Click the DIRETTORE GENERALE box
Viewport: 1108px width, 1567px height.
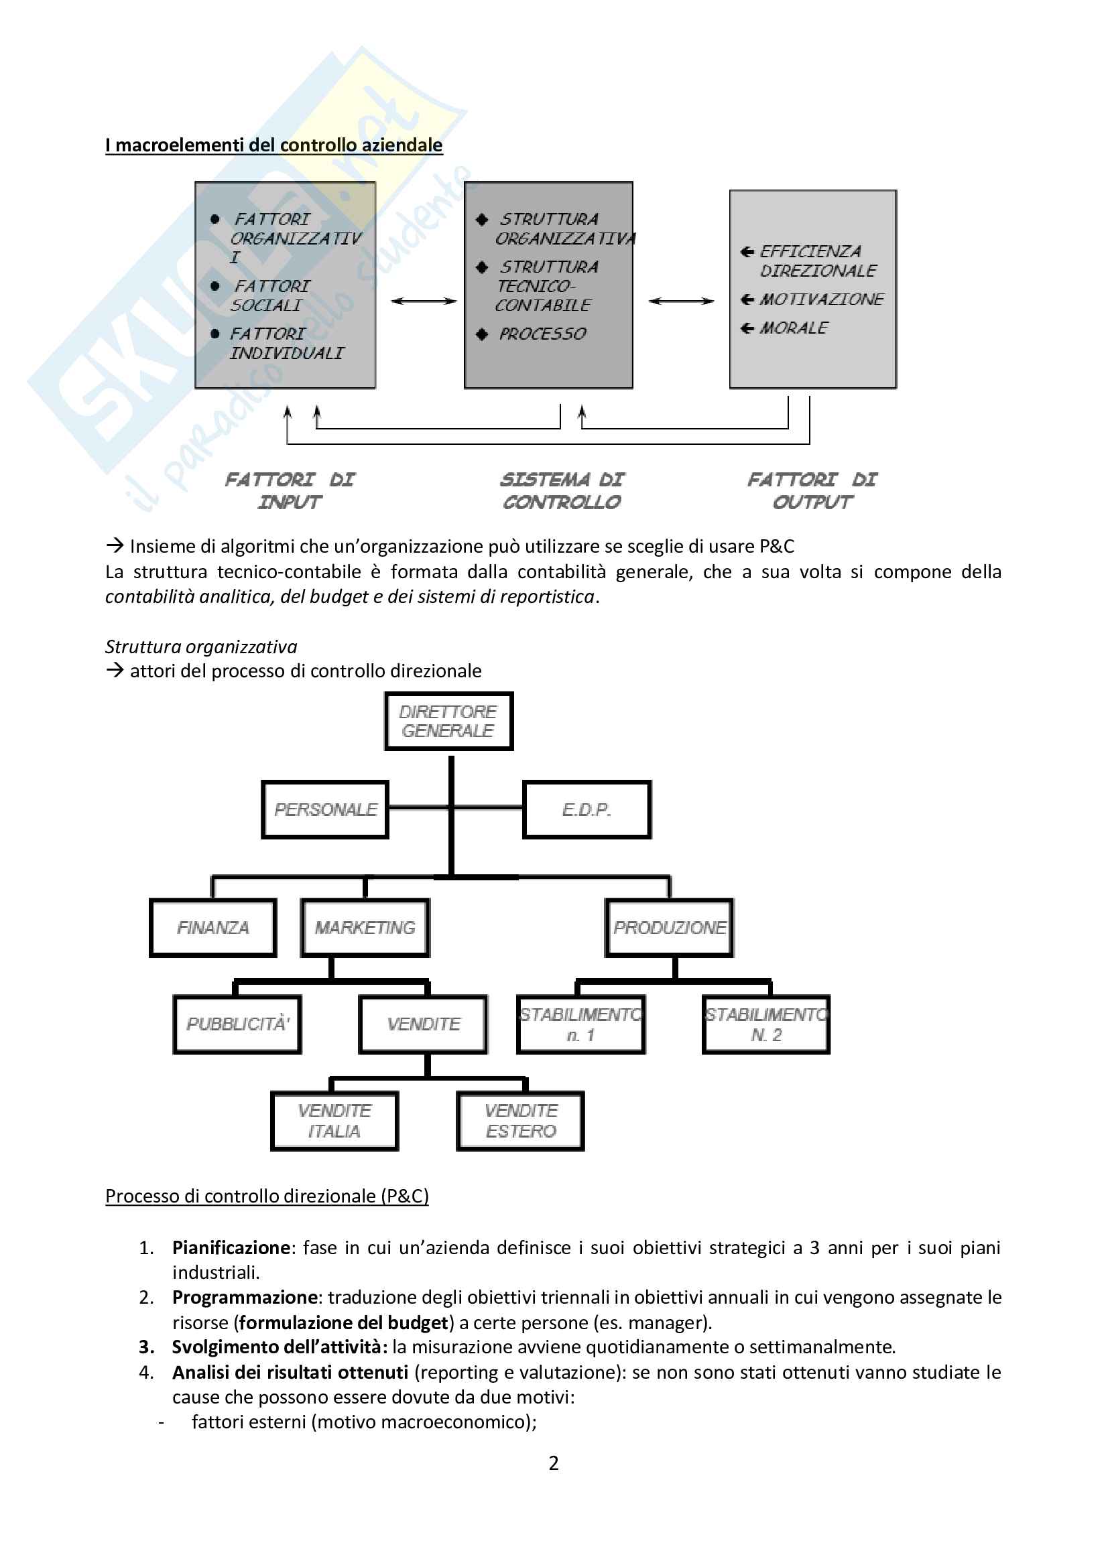pos(448,722)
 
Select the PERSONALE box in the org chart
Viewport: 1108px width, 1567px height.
pos(325,809)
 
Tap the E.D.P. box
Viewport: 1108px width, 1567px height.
pos(587,809)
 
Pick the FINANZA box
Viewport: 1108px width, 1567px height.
pos(213,927)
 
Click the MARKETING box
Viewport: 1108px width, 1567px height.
pos(365,927)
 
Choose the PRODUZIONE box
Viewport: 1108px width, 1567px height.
pos(669,927)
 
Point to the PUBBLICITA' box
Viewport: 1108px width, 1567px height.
pos(237,1024)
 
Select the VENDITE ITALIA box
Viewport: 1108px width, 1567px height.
pos(334,1121)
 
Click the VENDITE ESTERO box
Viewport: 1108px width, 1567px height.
pos(520,1121)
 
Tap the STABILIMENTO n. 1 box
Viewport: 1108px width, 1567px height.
pos(580,1024)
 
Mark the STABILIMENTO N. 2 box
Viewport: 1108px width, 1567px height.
pos(766,1024)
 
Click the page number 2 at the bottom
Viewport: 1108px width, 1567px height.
pos(554,1462)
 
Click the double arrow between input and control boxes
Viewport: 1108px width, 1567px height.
pos(423,301)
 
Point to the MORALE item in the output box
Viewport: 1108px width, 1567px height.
pos(793,328)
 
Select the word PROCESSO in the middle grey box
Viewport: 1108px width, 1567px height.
pos(542,334)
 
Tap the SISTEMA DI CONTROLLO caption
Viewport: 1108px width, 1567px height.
pos(561,490)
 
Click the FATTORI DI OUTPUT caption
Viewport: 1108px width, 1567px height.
pos(812,490)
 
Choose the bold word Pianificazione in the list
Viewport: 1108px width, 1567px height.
pos(231,1247)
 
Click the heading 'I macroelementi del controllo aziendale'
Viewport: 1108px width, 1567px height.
pos(273,145)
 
